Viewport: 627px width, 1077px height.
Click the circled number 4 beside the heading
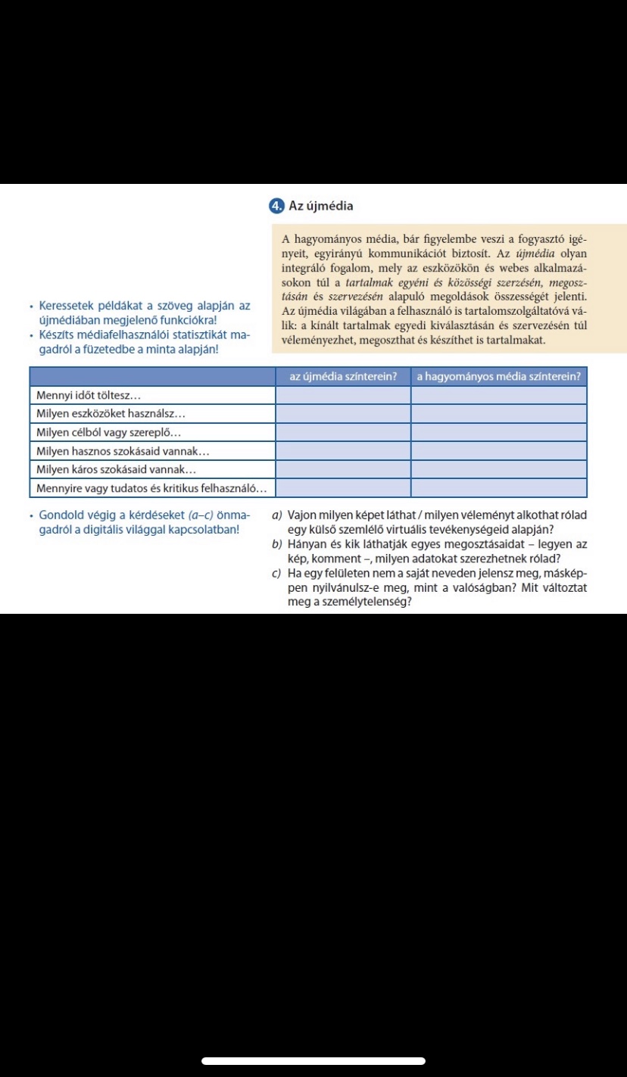[276, 206]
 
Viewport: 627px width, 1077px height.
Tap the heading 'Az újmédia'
[321, 206]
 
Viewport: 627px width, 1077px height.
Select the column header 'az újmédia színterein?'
[343, 376]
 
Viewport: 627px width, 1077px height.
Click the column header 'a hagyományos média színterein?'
[498, 376]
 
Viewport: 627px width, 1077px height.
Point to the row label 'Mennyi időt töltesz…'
[89, 395]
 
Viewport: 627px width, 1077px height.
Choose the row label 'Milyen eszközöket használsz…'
[111, 413]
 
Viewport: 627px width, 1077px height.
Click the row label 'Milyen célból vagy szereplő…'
[109, 432]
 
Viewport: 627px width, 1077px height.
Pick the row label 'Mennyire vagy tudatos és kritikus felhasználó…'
[151, 487]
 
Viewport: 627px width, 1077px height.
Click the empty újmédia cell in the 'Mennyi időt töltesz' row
[343, 395]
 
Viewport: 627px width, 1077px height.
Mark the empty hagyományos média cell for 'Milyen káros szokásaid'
[498, 469]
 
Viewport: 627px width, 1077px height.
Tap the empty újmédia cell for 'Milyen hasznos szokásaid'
[343, 450]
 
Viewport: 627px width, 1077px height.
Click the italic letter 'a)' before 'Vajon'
[277, 515]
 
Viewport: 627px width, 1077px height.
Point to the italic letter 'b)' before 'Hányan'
[277, 544]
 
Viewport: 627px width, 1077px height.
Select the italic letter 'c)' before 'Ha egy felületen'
[277, 573]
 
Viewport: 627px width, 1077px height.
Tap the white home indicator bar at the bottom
[313, 1061]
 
